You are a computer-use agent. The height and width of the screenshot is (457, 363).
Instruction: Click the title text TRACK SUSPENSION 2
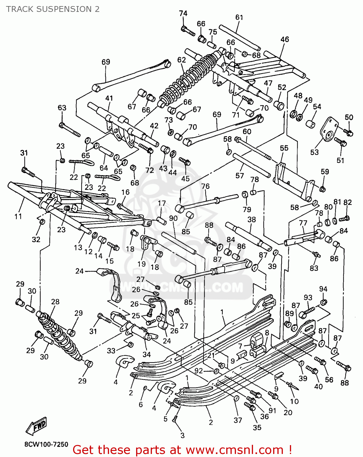pyautogui.click(x=53, y=9)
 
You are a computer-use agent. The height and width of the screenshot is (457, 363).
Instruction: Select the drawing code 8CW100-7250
pyautogui.click(x=46, y=445)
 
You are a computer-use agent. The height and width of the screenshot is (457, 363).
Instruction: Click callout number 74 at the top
pyautogui.click(x=183, y=13)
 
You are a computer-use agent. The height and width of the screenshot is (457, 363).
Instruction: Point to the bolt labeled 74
pyautogui.click(x=188, y=31)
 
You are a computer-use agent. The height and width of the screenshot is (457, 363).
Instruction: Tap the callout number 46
pyautogui.click(x=285, y=39)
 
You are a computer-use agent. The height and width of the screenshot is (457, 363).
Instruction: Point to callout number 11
pyautogui.click(x=18, y=216)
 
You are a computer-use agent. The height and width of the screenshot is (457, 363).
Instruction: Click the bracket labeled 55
pyautogui.click(x=292, y=180)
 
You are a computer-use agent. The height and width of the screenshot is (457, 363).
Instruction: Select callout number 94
pyautogui.click(x=323, y=289)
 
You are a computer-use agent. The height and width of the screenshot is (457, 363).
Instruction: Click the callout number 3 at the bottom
pyautogui.click(x=182, y=435)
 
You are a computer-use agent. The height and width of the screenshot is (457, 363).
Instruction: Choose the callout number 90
pyautogui.click(x=173, y=218)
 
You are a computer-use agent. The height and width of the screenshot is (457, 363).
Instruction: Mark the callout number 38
pyautogui.click(x=252, y=220)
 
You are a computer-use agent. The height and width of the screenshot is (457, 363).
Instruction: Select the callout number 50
pyautogui.click(x=349, y=117)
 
